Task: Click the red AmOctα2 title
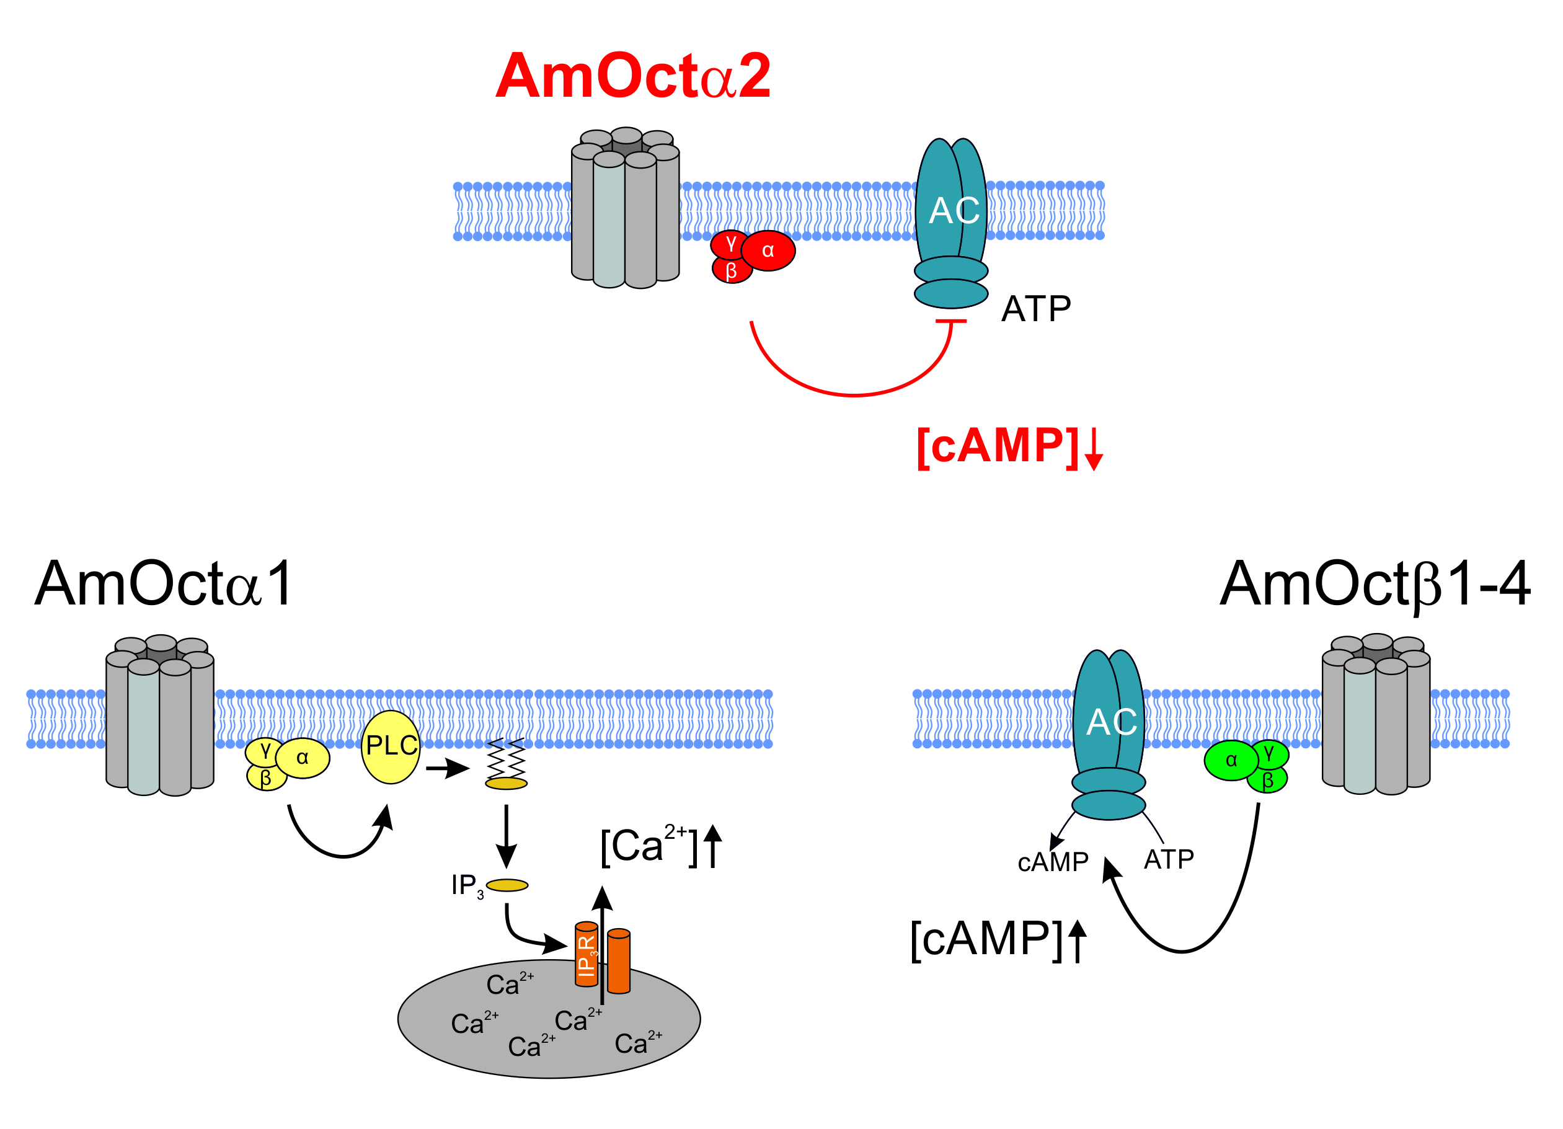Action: (x=632, y=76)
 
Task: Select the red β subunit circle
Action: (x=731, y=271)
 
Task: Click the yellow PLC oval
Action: (x=391, y=747)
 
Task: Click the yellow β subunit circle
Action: (x=266, y=779)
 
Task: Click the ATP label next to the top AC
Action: (x=1036, y=309)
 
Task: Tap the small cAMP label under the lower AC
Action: (x=1052, y=862)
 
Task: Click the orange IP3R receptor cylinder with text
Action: (x=587, y=955)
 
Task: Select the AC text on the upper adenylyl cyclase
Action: (x=954, y=210)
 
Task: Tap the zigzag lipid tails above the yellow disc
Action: (x=507, y=758)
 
